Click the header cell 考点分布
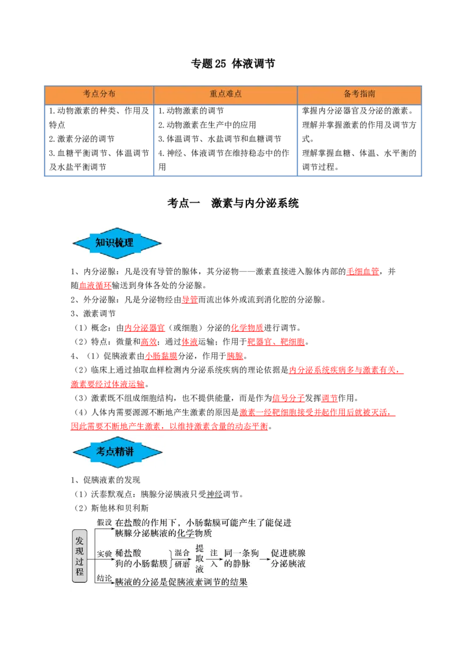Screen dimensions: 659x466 99,94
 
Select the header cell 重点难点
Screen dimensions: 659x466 225,94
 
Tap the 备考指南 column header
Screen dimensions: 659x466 359,94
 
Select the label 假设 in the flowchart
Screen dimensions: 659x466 104,522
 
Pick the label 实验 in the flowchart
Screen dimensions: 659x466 104,554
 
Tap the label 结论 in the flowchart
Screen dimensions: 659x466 104,578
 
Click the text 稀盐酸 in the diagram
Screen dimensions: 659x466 128,552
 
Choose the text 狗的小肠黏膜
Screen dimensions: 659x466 141,564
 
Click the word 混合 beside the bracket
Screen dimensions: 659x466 182,552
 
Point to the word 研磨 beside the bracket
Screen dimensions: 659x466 182,564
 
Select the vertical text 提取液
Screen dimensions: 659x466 199,558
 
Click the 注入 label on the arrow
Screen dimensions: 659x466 214,558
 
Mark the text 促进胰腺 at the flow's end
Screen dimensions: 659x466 288,552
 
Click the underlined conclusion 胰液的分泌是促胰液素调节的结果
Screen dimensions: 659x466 181,582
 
